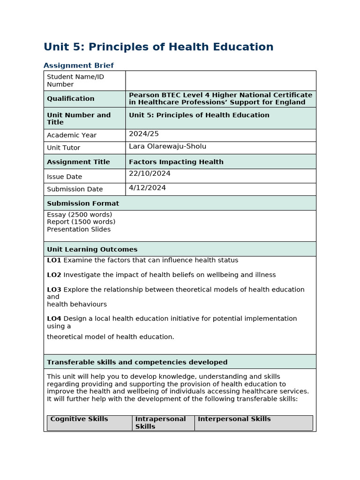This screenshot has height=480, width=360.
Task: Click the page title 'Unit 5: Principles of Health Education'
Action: pyautogui.click(x=158, y=47)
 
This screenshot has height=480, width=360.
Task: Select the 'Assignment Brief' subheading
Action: pyautogui.click(x=78, y=66)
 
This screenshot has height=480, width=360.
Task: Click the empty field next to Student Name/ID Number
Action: pyautogui.click(x=220, y=81)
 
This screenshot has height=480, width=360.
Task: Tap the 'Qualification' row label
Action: pyautogui.click(x=70, y=99)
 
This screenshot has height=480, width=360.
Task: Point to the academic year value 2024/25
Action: pyautogui.click(x=144, y=134)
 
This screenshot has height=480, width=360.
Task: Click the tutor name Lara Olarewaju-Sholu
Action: pyautogui.click(x=167, y=147)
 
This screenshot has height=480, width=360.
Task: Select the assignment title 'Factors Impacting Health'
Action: pyautogui.click(x=176, y=162)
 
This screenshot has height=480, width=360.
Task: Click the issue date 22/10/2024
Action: pyautogui.click(x=150, y=174)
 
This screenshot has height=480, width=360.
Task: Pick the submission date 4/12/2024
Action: pyautogui.click(x=147, y=188)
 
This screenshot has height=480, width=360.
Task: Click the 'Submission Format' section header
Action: pyautogui.click(x=83, y=203)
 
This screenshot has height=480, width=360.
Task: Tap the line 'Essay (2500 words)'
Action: pyautogui.click(x=79, y=215)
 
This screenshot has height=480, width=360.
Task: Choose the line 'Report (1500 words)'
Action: pyautogui.click(x=81, y=222)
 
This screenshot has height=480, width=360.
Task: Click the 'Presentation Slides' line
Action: pyautogui.click(x=79, y=229)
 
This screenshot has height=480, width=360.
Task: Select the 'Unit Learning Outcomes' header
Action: pyautogui.click(x=92, y=249)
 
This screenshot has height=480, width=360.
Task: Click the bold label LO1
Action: pyautogui.click(x=54, y=260)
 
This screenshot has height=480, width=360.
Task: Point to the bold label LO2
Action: pyautogui.click(x=54, y=275)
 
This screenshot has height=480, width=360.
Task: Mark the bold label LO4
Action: pyautogui.click(x=54, y=319)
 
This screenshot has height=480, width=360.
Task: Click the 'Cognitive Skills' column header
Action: pyautogui.click(x=79, y=419)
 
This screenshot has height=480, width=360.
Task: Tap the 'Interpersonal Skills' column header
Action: pyautogui.click(x=234, y=419)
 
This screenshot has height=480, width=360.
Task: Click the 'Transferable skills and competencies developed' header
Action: pyautogui.click(x=137, y=362)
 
